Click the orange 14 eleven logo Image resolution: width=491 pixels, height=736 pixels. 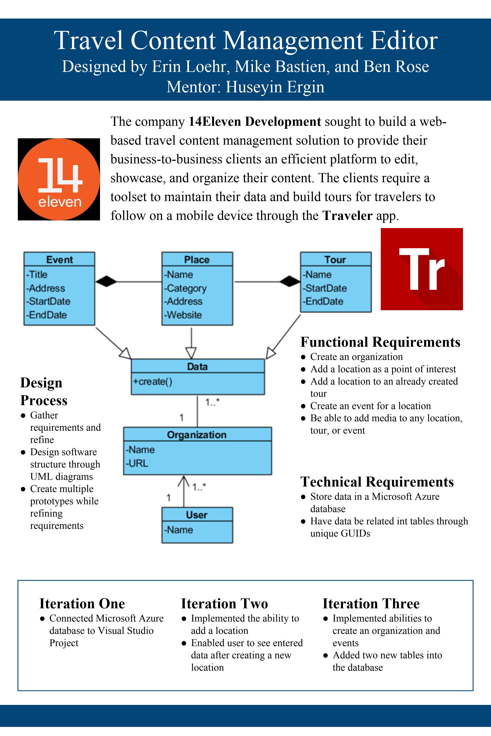[x=59, y=179]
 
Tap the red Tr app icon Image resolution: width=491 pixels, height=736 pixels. [x=422, y=269]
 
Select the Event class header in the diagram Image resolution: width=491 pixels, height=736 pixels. [x=59, y=259]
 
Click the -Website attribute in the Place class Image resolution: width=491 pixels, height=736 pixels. [x=183, y=315]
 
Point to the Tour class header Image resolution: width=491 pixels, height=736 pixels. [x=336, y=259]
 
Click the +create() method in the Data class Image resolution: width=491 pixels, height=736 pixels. [x=153, y=381]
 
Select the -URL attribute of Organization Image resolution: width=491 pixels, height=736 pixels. [x=137, y=463]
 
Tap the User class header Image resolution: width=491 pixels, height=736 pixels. [x=197, y=515]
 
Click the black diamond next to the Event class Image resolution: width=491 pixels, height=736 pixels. [x=106, y=281]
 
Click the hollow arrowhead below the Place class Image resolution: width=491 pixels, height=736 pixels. [x=191, y=353]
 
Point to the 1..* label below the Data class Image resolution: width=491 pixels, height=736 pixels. [x=212, y=402]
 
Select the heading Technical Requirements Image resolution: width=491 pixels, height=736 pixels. [x=377, y=482]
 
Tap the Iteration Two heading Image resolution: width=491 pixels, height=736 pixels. [x=225, y=604]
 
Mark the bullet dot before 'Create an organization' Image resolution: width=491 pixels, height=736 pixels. [x=303, y=357]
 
